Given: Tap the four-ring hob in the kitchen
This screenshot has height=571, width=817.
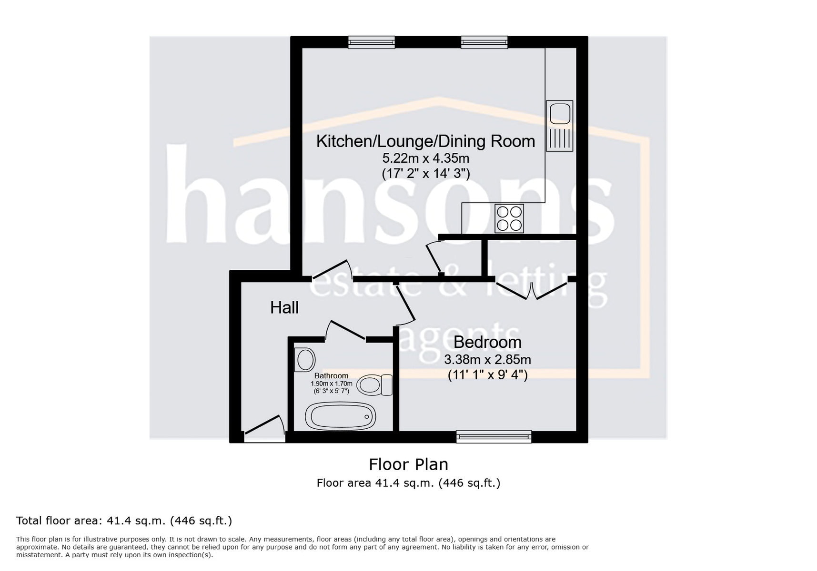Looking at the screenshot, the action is [509, 218].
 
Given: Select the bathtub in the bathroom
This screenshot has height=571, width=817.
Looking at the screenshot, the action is [341, 416].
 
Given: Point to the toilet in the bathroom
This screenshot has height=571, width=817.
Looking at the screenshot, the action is [374, 385].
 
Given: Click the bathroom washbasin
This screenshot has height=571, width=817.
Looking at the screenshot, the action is [305, 360].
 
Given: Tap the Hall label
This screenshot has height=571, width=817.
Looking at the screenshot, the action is [284, 307].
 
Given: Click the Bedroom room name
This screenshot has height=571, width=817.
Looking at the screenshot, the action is [487, 342].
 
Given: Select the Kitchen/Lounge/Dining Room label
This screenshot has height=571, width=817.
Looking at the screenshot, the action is [425, 141].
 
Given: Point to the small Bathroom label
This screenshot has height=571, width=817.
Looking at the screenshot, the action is [331, 376].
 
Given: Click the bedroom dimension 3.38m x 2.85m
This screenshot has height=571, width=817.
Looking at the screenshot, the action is [487, 360].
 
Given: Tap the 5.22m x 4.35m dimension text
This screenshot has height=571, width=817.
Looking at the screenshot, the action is [425, 158].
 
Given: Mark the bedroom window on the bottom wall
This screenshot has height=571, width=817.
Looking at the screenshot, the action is [494, 436].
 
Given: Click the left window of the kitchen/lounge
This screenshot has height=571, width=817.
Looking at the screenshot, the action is [372, 42].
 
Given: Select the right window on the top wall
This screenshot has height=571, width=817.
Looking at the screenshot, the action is [484, 42].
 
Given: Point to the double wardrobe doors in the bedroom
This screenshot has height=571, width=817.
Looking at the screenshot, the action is [532, 290].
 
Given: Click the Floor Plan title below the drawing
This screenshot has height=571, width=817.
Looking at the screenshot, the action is [408, 464].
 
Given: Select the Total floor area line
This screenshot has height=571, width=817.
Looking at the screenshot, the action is [124, 521].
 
